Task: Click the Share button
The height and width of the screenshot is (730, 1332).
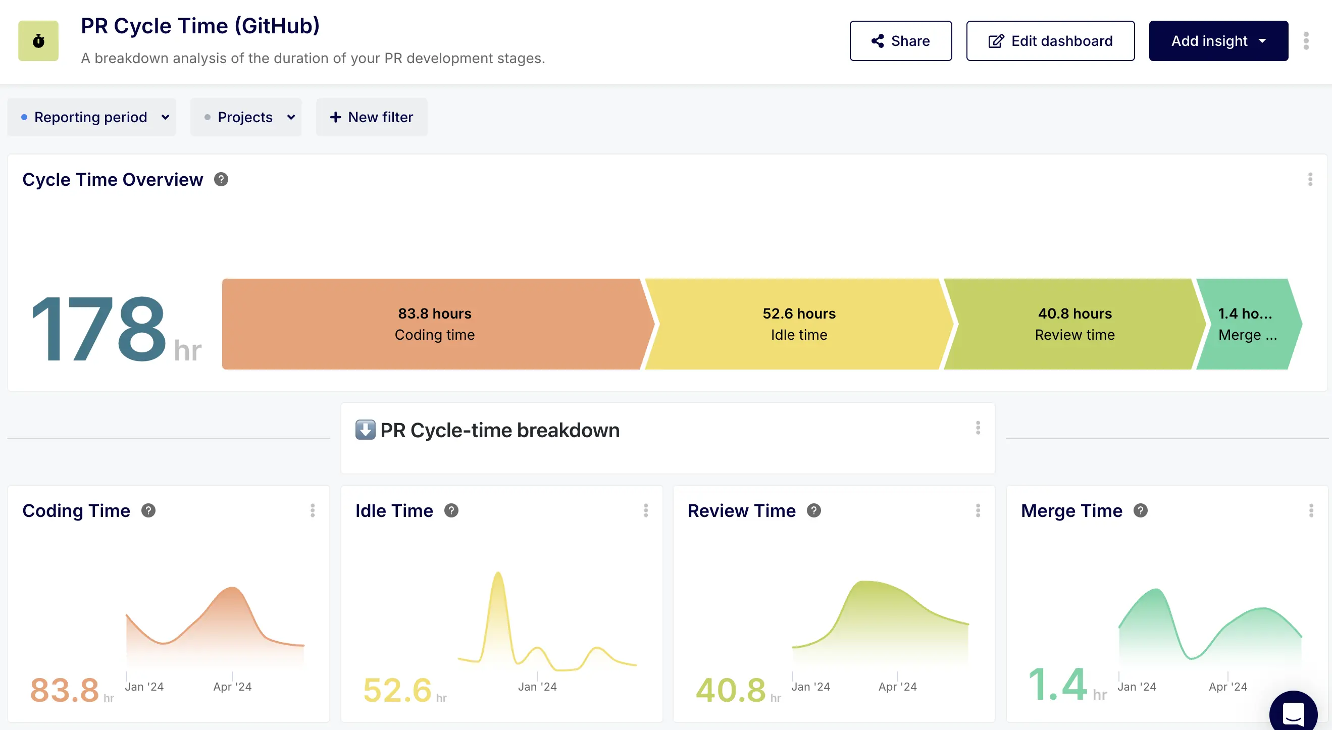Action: (900, 41)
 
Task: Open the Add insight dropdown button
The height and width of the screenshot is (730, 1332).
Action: (1218, 41)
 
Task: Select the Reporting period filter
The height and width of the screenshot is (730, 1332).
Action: (91, 117)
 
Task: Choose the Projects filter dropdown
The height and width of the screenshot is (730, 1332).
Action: (246, 117)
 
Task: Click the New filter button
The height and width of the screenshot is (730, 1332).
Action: (372, 117)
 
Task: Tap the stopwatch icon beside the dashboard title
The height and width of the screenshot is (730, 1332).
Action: (38, 41)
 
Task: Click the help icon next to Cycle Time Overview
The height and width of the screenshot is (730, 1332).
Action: (221, 179)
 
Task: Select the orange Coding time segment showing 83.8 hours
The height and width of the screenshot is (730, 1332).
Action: (434, 324)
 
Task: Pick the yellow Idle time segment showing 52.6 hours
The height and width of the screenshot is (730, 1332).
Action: (798, 324)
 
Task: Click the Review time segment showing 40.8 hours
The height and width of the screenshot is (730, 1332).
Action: (1074, 324)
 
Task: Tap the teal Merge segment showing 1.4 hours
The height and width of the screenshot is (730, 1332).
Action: (1246, 324)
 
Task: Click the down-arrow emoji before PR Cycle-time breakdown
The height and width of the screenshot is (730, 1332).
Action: (365, 430)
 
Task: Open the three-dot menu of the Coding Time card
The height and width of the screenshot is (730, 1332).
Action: (313, 511)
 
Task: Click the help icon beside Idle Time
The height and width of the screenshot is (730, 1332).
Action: (451, 511)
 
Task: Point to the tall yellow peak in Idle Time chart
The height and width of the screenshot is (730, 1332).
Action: (498, 577)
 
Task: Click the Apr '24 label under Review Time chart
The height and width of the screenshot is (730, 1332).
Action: (897, 687)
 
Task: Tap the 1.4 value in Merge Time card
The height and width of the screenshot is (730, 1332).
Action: (1057, 685)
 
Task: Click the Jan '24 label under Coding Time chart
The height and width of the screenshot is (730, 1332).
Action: (144, 687)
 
